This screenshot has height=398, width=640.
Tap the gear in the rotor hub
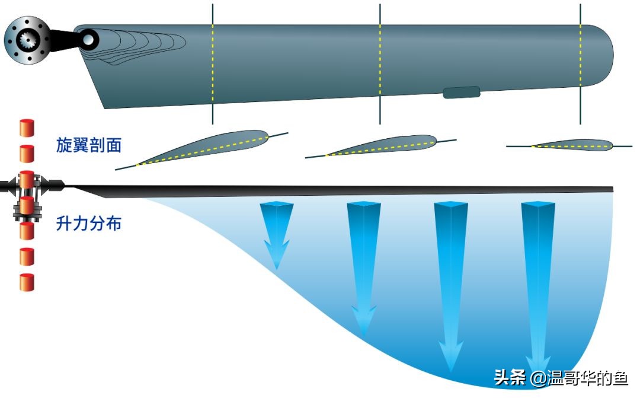[27, 40]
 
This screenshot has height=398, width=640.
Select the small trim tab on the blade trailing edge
[462, 92]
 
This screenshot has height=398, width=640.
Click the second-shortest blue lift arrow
[363, 267]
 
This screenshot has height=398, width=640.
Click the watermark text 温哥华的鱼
[593, 378]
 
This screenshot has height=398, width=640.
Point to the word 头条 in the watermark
[510, 378]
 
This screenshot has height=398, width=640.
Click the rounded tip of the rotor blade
[604, 55]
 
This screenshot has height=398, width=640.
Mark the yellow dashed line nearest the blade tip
[581, 59]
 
